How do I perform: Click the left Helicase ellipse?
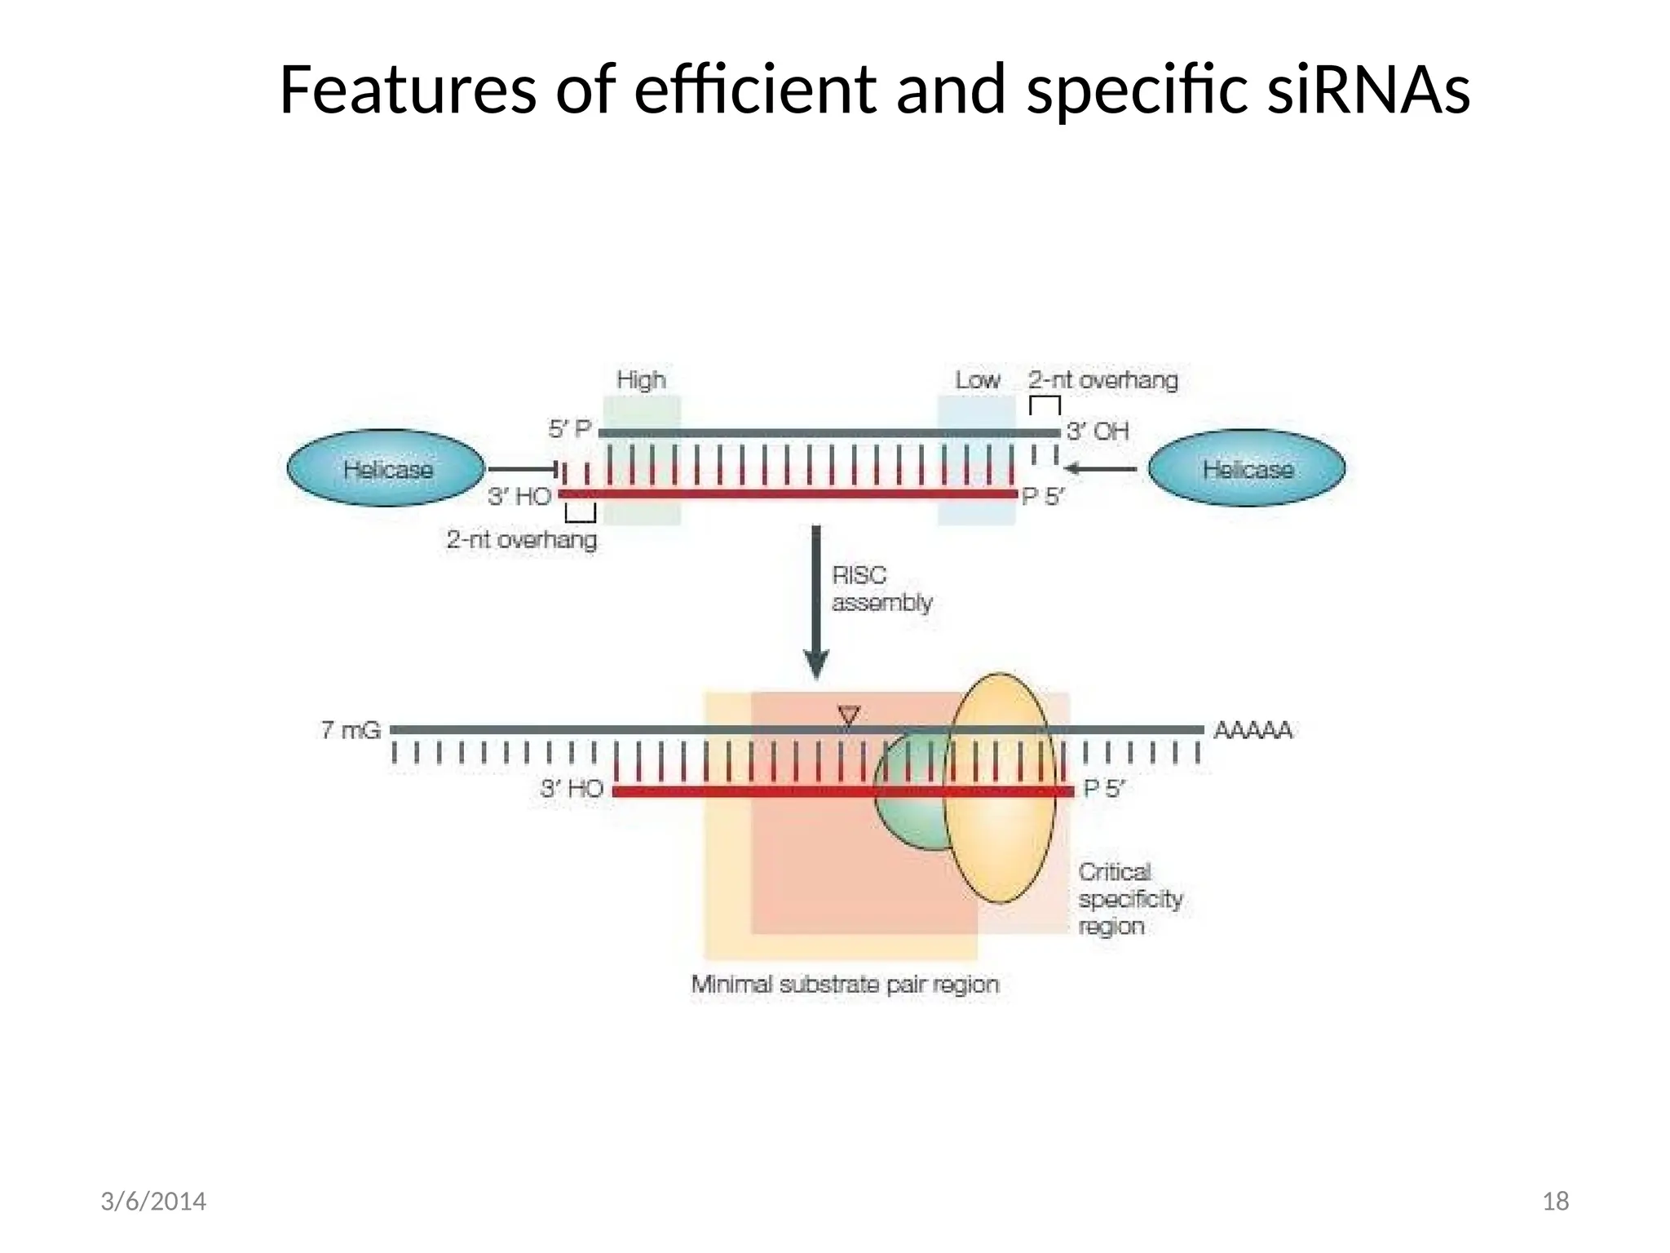point(386,468)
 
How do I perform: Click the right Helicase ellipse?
point(1246,468)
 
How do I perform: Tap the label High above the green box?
point(641,380)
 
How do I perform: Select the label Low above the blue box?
point(977,380)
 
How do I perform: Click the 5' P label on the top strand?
point(569,429)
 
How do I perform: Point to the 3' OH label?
point(1098,431)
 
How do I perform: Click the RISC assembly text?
point(881,589)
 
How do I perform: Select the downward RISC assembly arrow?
point(816,604)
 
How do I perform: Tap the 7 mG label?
point(351,730)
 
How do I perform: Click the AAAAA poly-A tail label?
point(1252,730)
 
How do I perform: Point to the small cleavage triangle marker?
point(849,716)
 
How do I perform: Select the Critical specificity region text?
point(1129,899)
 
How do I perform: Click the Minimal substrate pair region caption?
point(845,985)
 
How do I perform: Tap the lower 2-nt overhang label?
point(521,540)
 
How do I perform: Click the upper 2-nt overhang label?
point(1102,380)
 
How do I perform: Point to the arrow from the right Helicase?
point(1101,468)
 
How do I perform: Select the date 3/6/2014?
point(153,1202)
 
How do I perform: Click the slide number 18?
point(1555,1202)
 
